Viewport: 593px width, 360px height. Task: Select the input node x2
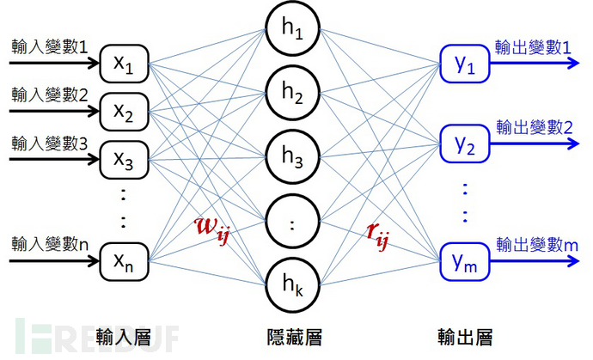coord(126,112)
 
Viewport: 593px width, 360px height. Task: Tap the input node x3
coord(126,159)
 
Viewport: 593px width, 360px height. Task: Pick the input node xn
coord(126,258)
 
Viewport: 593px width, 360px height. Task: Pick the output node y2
coord(464,144)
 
